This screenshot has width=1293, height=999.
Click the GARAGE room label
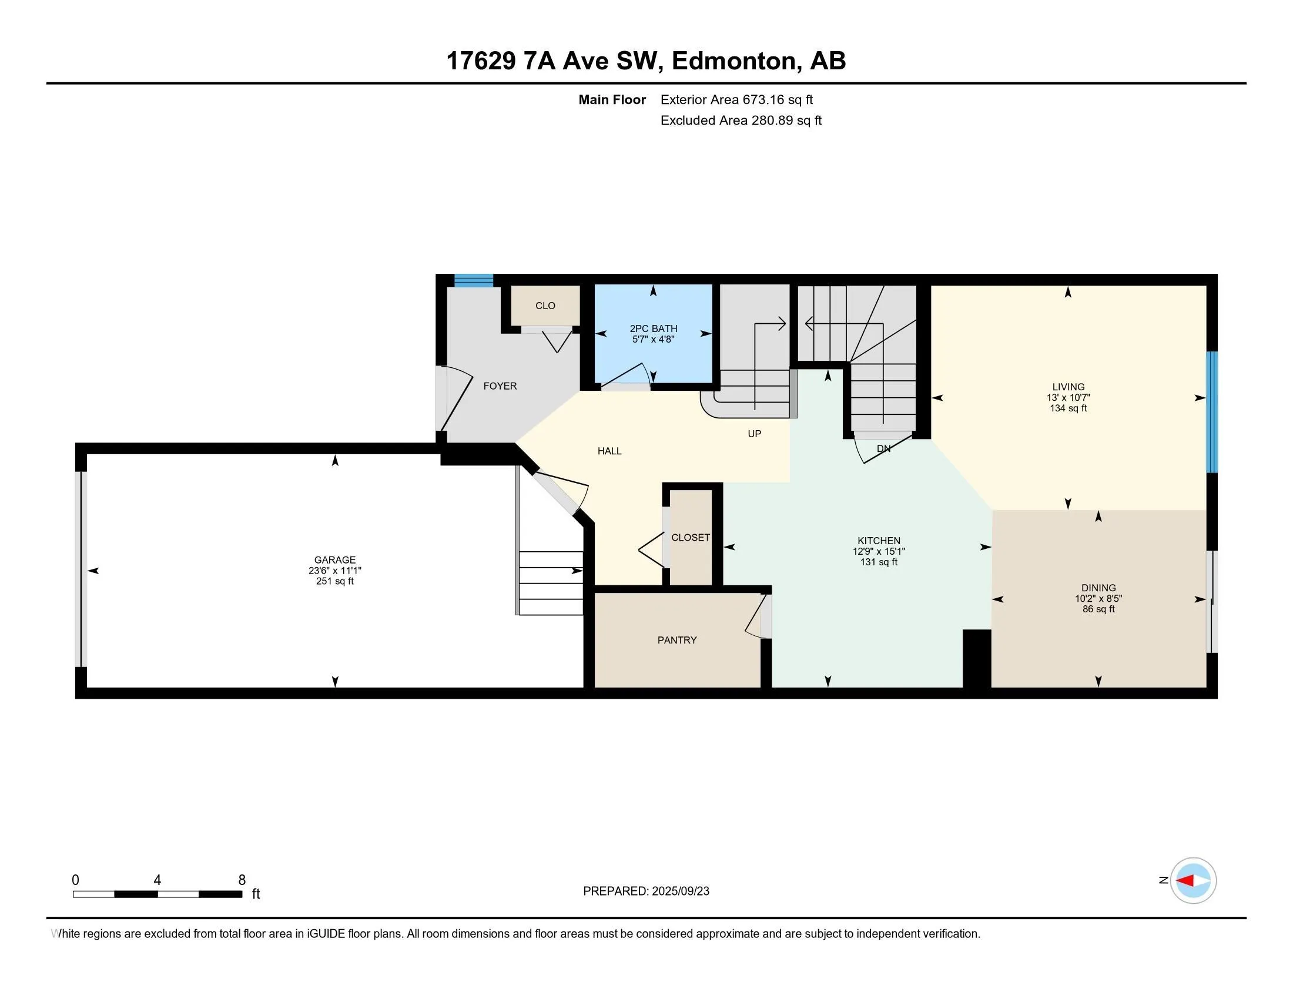click(335, 560)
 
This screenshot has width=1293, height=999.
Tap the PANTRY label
click(677, 640)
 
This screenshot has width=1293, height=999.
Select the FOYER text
click(500, 386)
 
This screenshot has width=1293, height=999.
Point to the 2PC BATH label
click(654, 328)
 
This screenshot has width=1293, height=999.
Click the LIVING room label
click(1068, 387)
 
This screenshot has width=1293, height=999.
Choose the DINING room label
click(1099, 588)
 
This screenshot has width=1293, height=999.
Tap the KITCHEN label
click(879, 540)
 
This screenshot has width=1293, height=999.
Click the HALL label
click(610, 451)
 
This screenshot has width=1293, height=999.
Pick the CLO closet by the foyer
click(545, 306)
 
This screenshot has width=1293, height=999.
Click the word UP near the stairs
click(754, 434)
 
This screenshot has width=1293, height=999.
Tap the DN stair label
click(884, 448)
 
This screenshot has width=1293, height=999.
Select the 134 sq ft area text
click(1068, 408)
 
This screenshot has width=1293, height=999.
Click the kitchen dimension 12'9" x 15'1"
click(879, 551)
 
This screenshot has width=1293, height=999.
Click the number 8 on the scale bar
click(242, 880)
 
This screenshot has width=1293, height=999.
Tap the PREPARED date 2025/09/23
click(680, 891)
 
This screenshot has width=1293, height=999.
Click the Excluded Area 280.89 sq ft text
click(741, 120)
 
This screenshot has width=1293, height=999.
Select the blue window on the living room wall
click(1212, 412)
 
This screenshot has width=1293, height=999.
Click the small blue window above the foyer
click(474, 280)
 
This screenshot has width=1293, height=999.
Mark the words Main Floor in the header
click(612, 100)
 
